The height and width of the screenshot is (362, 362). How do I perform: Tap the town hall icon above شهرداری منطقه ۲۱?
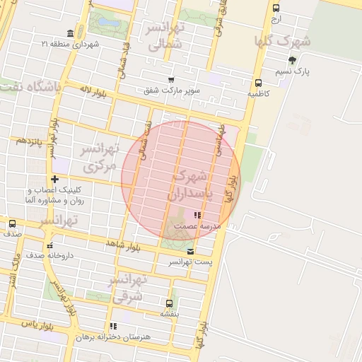69,34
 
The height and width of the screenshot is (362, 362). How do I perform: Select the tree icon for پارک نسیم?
293,60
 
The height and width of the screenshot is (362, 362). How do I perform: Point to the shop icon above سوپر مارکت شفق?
170,79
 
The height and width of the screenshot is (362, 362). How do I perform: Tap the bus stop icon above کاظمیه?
259,81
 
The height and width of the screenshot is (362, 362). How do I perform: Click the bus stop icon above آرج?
276,8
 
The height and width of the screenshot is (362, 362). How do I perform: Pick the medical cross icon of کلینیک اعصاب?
54,179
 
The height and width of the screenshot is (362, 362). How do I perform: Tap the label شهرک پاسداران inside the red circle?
189,183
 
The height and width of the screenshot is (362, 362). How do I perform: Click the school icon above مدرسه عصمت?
198,215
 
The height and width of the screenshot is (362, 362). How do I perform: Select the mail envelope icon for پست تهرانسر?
189,251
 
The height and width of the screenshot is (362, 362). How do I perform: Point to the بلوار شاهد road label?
124,245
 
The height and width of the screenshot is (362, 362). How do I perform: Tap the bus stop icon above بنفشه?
169,302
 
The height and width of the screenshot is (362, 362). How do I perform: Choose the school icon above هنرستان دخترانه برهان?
112,327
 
